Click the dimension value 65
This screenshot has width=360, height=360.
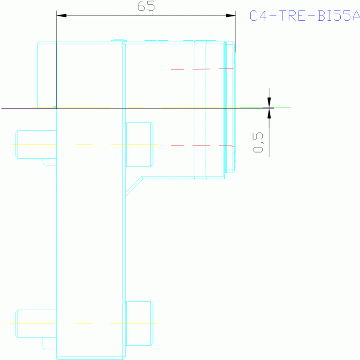tap(146, 7)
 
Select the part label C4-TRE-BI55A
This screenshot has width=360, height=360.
tap(304, 16)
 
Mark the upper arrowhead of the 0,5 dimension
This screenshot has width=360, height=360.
tap(269, 102)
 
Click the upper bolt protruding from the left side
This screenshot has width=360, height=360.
tap(36, 144)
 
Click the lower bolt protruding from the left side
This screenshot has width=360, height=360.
tap(36, 323)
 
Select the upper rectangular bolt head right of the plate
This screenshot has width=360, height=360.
tap(138, 144)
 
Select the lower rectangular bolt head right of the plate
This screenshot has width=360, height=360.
tap(138, 323)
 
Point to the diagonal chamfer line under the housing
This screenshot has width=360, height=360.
tap(134, 186)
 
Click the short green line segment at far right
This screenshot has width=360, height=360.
tap(282, 107)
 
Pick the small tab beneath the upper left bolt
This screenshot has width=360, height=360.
tap(49, 161)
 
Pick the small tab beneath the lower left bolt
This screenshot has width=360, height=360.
tap(49, 344)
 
